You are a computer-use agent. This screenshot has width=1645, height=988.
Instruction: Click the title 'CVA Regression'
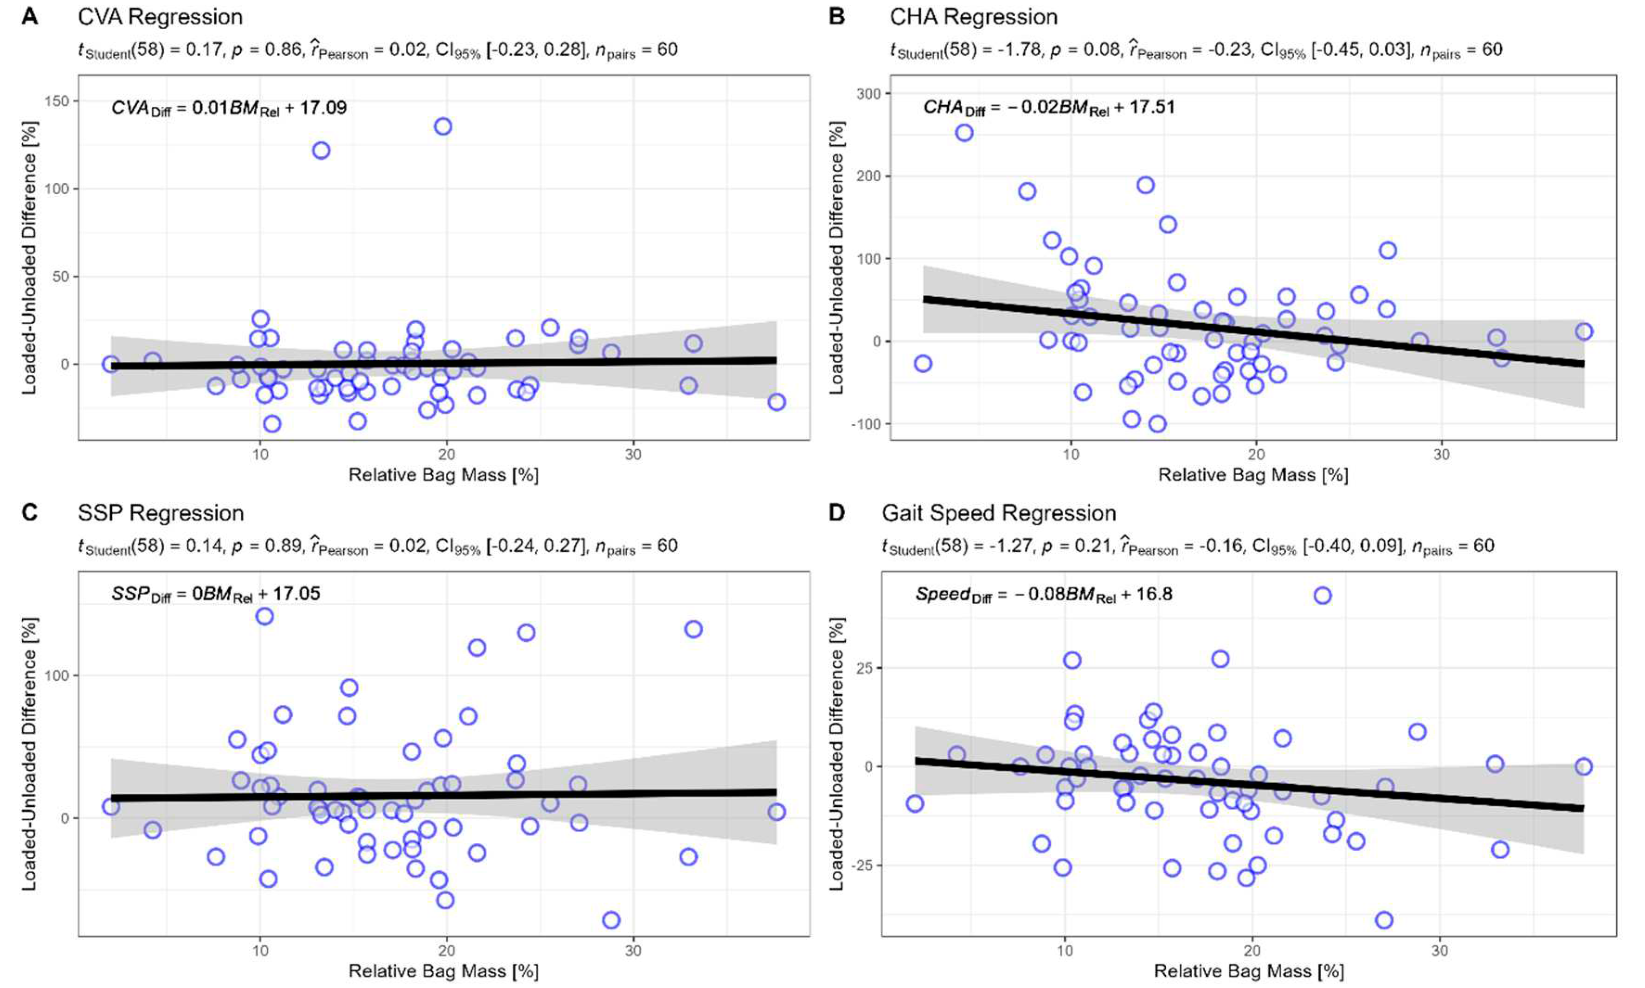tap(160, 17)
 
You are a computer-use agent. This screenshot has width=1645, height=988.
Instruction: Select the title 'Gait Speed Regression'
tap(998, 513)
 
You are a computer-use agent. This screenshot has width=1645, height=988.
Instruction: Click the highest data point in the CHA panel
tap(964, 133)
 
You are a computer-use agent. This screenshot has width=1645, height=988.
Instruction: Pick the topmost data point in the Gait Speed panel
tap(1322, 596)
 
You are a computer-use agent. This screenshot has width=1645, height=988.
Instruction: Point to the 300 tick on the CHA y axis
tap(868, 94)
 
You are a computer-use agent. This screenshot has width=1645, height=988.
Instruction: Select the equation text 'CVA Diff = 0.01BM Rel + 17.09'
tap(228, 108)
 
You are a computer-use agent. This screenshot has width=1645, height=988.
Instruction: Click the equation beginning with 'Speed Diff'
tap(1043, 594)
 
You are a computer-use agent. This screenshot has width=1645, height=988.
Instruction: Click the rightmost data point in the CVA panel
tap(776, 402)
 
